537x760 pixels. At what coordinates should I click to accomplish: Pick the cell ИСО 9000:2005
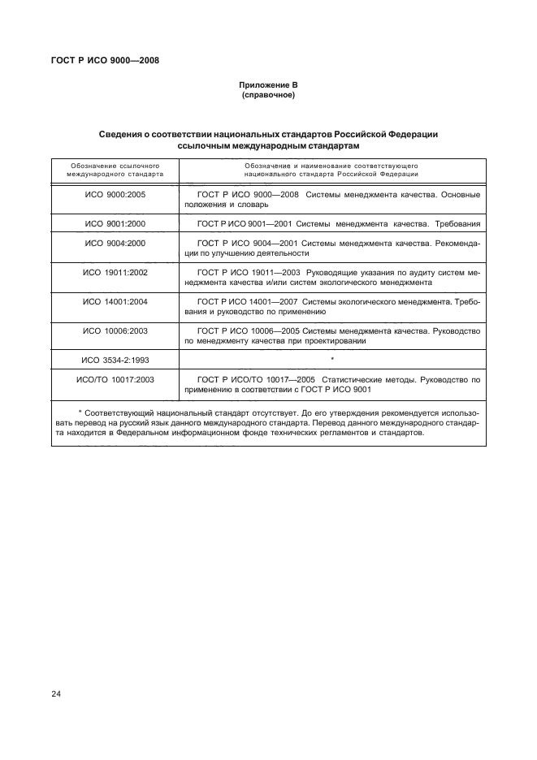(x=115, y=195)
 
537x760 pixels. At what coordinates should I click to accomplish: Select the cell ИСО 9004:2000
(x=115, y=243)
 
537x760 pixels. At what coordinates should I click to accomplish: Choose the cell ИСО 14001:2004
(x=115, y=301)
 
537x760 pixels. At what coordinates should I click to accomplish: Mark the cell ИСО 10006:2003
(x=115, y=330)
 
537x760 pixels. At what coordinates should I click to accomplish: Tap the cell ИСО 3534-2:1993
(x=115, y=358)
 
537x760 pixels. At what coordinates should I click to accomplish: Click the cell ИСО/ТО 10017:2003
(x=115, y=378)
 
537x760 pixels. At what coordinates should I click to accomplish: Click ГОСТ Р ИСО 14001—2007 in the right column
(x=247, y=301)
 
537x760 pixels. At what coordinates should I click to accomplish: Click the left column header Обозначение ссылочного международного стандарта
(x=115, y=169)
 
